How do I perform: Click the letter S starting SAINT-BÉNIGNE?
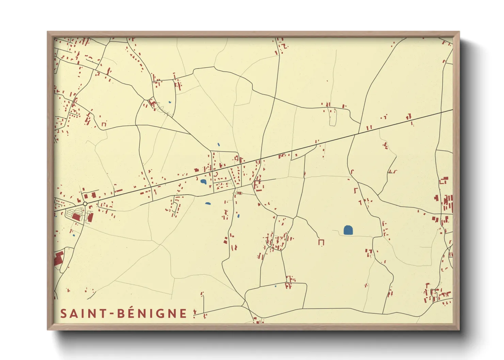pos(63,313)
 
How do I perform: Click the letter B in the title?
pos(121,313)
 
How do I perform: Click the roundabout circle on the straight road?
pos(85,203)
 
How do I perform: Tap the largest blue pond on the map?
pos(348,230)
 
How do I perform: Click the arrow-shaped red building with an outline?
pos(239,193)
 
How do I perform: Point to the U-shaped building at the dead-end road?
pos(321,242)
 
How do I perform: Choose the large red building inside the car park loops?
pos(77,217)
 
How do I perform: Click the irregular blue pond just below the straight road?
pos(203,182)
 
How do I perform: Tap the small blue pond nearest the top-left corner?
pos(170,102)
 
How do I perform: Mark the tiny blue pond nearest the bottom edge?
pos(275,286)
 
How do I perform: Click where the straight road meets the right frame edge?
pos(452,110)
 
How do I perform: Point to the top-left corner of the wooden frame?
pos(48,32)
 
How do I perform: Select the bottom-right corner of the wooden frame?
pos(459,329)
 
